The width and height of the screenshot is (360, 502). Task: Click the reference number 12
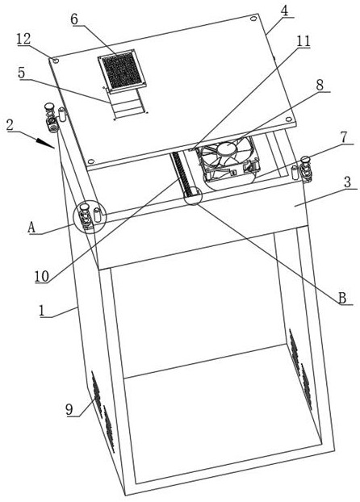(x=23, y=39)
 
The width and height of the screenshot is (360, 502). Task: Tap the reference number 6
(x=74, y=19)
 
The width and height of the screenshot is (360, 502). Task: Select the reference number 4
(x=284, y=10)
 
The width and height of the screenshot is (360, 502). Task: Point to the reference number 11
(x=303, y=41)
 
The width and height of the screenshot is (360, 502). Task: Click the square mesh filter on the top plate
(x=122, y=71)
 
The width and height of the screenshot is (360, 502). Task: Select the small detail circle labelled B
(x=193, y=195)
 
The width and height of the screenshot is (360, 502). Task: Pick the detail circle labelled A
(x=90, y=217)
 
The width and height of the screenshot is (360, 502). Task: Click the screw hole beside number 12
(x=55, y=61)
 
